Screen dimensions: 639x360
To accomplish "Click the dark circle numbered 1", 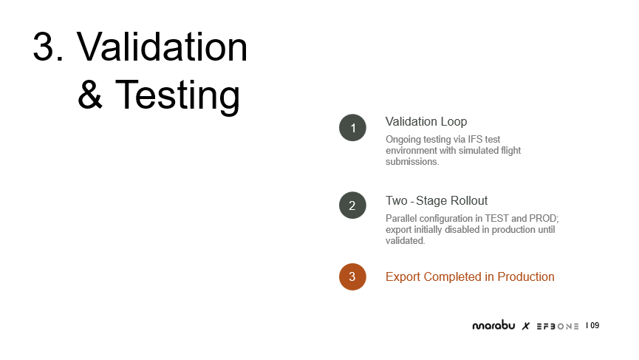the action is [x=352, y=128].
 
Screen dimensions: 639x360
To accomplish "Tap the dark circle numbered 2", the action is [x=352, y=205].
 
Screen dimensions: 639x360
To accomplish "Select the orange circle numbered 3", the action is [x=352, y=276].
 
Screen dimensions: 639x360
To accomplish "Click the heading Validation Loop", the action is [x=426, y=121].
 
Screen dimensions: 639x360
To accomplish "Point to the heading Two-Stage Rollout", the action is [x=437, y=200].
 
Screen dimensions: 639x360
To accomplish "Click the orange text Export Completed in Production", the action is [x=470, y=276].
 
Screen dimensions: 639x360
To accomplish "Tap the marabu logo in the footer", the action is [x=493, y=325].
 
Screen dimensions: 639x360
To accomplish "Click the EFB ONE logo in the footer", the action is [x=558, y=326].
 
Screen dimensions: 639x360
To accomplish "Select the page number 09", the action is [x=595, y=325].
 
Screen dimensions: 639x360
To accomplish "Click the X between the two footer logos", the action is [x=526, y=326].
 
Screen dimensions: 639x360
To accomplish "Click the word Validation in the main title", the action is [x=162, y=47].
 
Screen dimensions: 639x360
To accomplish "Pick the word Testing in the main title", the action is [x=178, y=95].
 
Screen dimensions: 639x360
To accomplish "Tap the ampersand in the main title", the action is [x=90, y=95].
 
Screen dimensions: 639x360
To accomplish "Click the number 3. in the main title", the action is [x=48, y=47].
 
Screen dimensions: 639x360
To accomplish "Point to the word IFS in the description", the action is [x=475, y=140].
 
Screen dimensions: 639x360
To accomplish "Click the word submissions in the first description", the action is [x=412, y=161].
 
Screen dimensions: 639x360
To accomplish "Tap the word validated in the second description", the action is [x=405, y=240].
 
